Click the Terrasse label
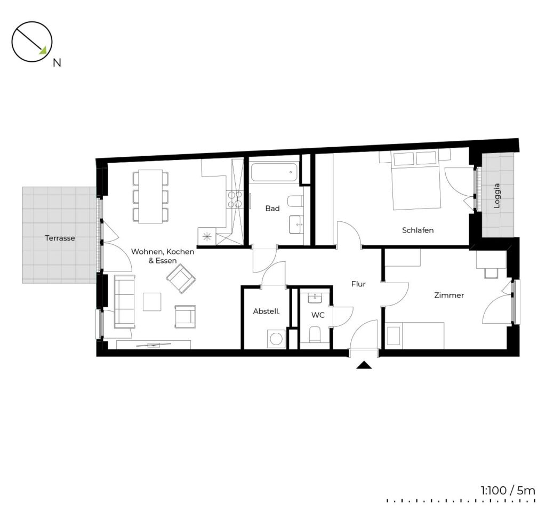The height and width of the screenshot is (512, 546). (x=60, y=238)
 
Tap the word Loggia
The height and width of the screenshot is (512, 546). (x=497, y=196)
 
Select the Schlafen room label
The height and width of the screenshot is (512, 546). (x=418, y=230)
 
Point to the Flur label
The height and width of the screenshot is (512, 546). (x=358, y=284)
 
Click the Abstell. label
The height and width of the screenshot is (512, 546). (x=267, y=311)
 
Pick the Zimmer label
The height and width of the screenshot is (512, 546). (x=449, y=295)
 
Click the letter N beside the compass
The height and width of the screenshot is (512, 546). (x=57, y=63)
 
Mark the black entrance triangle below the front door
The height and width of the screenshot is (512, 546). (x=364, y=365)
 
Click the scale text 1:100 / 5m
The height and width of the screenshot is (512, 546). (x=508, y=491)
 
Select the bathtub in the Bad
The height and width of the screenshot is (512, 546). (x=274, y=172)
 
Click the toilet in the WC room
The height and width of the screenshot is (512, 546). (x=315, y=334)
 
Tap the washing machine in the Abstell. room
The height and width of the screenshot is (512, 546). (x=276, y=339)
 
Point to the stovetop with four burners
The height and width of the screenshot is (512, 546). (x=234, y=199)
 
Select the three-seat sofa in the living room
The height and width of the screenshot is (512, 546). (x=124, y=302)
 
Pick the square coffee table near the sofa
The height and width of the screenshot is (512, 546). (x=152, y=302)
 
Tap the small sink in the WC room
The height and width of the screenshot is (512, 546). (x=315, y=298)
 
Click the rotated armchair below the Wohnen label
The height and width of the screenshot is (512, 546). (x=181, y=277)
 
